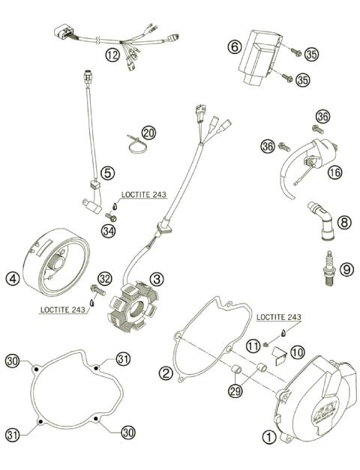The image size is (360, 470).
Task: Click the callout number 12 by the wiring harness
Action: [x=112, y=54]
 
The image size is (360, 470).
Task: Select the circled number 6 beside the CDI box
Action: [x=234, y=46]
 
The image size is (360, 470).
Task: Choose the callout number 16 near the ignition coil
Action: [x=334, y=172]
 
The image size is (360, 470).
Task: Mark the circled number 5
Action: [x=108, y=172]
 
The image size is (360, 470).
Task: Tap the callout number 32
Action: [x=104, y=279]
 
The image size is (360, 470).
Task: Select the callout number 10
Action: [x=298, y=351]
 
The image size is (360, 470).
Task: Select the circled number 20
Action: [x=148, y=133]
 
